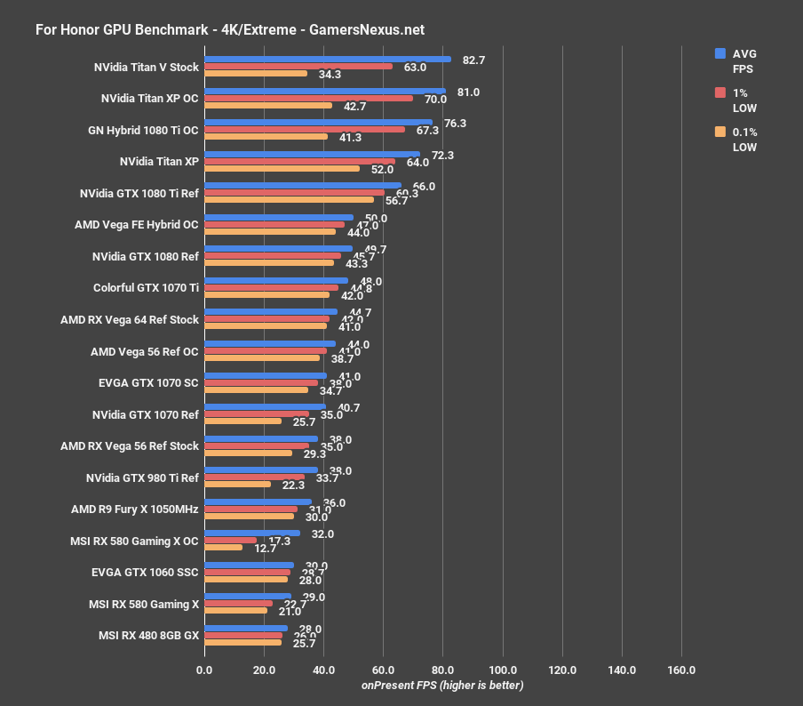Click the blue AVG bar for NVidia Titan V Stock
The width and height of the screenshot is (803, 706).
point(327,60)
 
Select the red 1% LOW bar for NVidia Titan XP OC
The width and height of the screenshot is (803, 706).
point(308,98)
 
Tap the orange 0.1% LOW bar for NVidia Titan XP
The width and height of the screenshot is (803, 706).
point(282,168)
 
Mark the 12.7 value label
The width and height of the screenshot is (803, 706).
point(265,548)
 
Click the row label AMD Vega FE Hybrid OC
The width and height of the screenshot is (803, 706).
point(137,225)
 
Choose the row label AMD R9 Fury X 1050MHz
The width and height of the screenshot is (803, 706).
point(135,509)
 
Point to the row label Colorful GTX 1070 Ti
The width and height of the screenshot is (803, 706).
point(146,287)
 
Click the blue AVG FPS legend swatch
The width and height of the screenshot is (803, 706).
point(720,53)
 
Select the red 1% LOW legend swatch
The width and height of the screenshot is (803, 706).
point(720,92)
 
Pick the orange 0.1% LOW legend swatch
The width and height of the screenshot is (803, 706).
point(720,132)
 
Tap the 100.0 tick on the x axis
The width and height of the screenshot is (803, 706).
point(503,670)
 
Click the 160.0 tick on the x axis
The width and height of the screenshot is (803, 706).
point(681,670)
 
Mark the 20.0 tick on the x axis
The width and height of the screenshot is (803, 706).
point(264,670)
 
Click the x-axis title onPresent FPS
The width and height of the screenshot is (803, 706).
point(442,686)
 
